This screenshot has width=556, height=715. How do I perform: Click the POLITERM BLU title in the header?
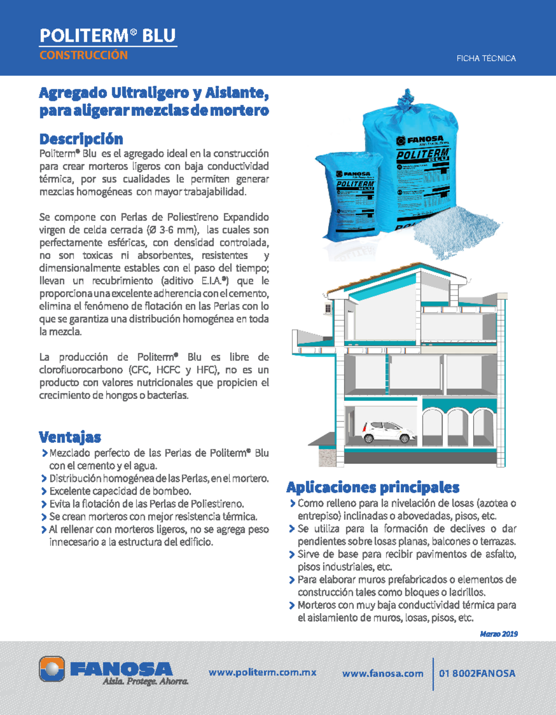(107, 36)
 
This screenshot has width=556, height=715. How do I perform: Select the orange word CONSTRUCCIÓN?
(83, 55)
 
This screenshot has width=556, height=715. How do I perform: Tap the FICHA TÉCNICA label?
(486, 58)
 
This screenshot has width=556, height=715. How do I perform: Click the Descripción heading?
(81, 139)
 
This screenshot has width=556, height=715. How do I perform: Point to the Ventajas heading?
(70, 437)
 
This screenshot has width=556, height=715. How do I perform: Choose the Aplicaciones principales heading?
(373, 487)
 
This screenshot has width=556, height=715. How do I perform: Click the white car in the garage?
(388, 432)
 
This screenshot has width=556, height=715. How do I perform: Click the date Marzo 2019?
(499, 634)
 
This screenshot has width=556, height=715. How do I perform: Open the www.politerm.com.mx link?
(262, 672)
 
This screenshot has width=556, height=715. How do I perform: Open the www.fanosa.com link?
(383, 674)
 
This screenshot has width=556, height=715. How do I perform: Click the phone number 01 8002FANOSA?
(477, 674)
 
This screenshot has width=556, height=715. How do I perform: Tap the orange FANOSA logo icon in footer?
(52, 669)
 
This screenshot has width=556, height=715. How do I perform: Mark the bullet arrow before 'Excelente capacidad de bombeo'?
(44, 492)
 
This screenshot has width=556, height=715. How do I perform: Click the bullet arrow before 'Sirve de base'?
(292, 555)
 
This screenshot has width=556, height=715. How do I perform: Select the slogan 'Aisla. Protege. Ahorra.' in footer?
(145, 682)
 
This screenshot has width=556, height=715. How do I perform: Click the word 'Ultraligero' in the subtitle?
(150, 93)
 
